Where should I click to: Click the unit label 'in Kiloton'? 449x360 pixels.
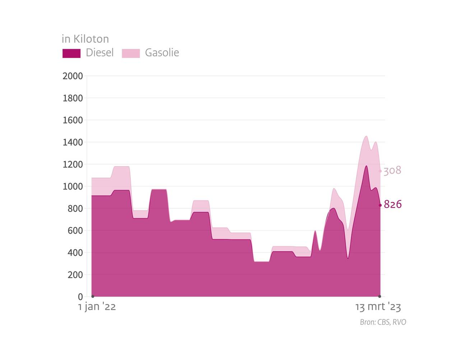pos(85,39)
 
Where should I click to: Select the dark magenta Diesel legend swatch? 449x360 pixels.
pos(71,53)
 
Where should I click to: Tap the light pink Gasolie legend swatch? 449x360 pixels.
pos(131,53)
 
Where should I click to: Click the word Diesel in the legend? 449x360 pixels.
pos(99,53)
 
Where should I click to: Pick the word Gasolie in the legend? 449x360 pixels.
pos(162,53)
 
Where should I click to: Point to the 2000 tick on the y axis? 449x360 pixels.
pos(73,76)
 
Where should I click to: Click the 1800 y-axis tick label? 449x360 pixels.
pos(73,98)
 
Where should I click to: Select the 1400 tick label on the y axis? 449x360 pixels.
pos(73,142)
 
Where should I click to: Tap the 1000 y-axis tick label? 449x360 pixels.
pos(73,187)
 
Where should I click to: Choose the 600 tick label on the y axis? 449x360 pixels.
pos(75,231)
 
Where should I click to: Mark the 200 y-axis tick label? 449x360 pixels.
pos(75,275)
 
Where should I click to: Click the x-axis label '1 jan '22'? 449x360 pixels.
pos(97,307)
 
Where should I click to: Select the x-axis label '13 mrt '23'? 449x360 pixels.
pos(378,307)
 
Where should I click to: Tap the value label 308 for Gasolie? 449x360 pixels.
pos(392,170)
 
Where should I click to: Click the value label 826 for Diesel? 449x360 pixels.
pos(393,205)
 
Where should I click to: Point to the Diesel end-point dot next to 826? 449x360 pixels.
pos(380,205)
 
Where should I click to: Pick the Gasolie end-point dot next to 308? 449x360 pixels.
pos(380,171)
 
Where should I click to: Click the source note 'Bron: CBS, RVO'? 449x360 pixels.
pos(383,322)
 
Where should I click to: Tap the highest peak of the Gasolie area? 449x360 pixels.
pos(366,136)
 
